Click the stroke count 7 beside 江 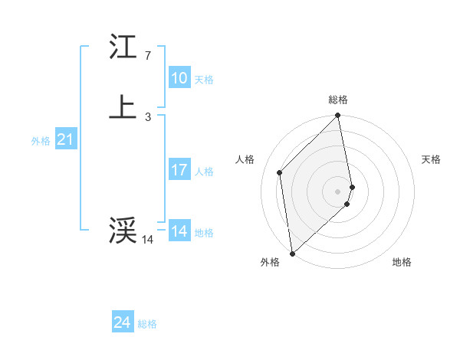(x=147, y=56)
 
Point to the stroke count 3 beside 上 (x=147, y=116)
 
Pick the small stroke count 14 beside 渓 (x=147, y=240)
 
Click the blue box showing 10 (x=179, y=78)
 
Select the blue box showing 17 (x=179, y=170)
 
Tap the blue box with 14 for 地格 (x=179, y=231)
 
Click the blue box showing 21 (x=65, y=139)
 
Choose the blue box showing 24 (x=122, y=323)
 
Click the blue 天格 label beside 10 (x=204, y=79)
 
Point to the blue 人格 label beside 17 (x=204, y=171)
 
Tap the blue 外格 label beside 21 (x=41, y=140)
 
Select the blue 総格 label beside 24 (x=147, y=324)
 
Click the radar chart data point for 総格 (x=338, y=116)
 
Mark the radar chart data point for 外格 (x=292, y=253)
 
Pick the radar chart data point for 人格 (x=280, y=172)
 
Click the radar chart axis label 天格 (x=431, y=159)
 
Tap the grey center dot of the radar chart (x=338, y=191)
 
